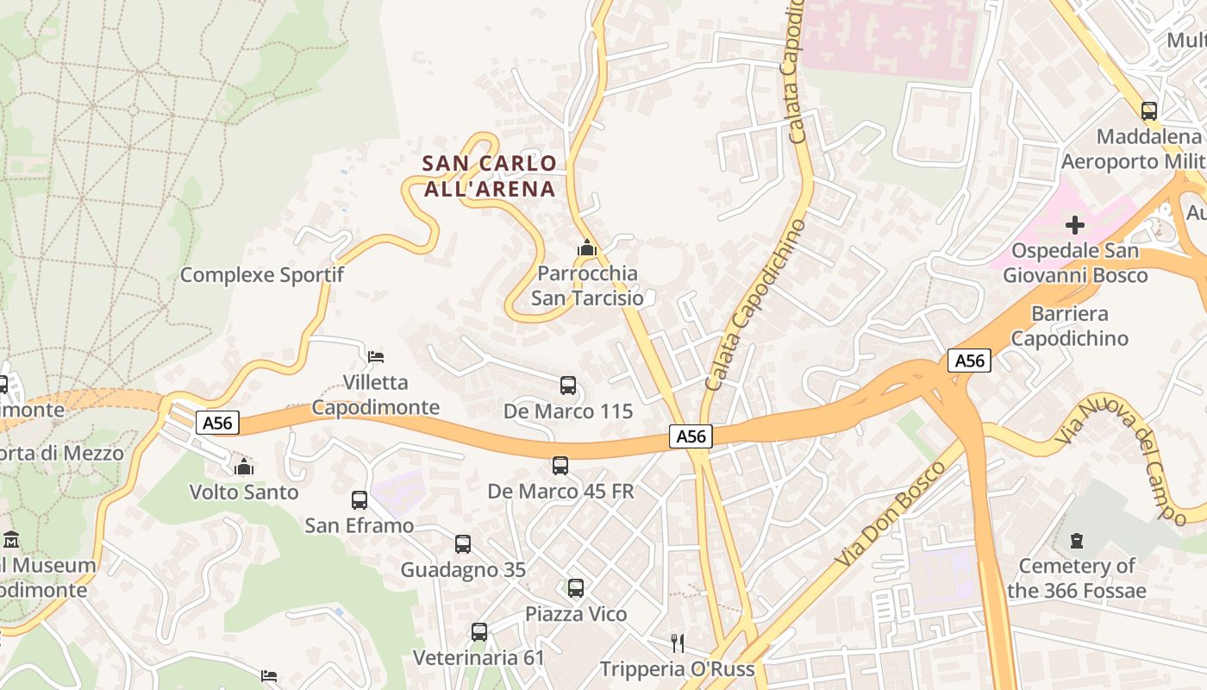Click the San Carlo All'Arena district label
point(489,176)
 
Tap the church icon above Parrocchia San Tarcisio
point(587,248)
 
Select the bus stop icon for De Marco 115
point(567,386)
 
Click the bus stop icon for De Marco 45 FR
point(560,466)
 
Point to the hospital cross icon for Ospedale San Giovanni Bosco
point(1075,226)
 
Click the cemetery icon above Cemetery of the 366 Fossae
point(1076,541)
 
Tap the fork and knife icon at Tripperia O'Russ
point(678,643)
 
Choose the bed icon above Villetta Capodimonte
point(376,356)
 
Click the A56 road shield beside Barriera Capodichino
point(969,361)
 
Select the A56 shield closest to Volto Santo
point(217,423)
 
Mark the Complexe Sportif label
point(261,275)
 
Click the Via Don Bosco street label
point(891,515)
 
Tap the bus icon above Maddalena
point(1148,111)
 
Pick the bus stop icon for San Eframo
point(360,500)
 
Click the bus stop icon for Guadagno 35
point(463,544)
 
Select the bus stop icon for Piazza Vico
point(576,589)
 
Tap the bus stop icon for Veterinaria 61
point(479,632)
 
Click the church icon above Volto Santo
point(244,467)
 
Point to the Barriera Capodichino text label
point(1069,325)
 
